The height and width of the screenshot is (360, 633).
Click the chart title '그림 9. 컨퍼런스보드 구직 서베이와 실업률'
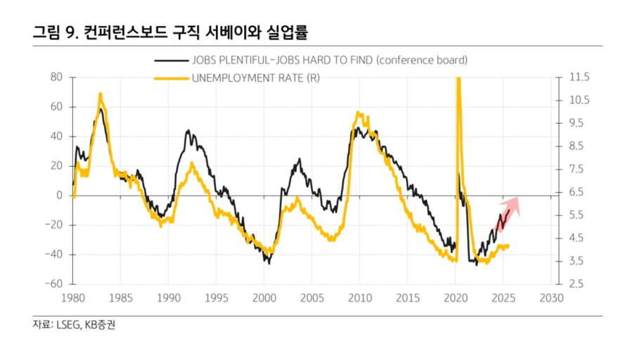click(x=172, y=32)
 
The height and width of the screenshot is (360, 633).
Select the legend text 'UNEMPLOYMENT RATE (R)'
click(x=255, y=77)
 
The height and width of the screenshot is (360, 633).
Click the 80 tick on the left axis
click(x=57, y=77)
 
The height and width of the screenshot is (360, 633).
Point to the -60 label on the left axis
click(x=53, y=284)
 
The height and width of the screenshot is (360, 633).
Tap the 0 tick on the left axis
click(x=60, y=195)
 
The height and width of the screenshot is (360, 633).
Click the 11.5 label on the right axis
click(x=569, y=77)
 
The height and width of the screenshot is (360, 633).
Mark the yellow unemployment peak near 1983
click(x=101, y=94)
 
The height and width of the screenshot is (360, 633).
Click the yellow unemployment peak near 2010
click(x=359, y=112)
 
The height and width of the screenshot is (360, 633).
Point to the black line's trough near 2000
click(x=268, y=263)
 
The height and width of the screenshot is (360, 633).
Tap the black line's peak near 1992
click(x=188, y=130)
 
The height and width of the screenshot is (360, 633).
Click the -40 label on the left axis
click(x=53, y=255)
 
